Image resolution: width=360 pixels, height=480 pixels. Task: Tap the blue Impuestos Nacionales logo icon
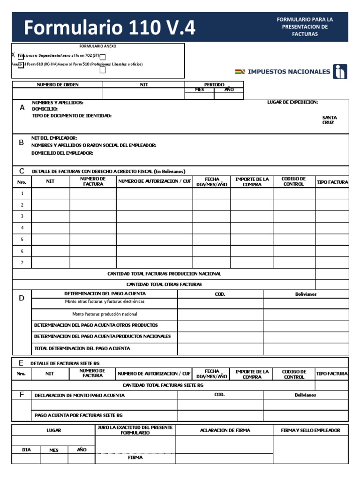pos(340,72)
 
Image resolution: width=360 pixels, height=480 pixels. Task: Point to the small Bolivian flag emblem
pos(240,72)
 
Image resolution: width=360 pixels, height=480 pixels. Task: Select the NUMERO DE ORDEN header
pos(58,85)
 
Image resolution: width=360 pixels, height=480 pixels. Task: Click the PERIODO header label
pos(214,85)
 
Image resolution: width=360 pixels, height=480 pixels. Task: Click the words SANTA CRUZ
pos(329,120)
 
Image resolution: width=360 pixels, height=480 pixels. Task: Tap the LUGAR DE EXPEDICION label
pos(292,102)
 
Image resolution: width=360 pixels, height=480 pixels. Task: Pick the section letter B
pos(21,142)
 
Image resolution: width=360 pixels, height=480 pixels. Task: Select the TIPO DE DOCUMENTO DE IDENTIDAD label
pos(72,115)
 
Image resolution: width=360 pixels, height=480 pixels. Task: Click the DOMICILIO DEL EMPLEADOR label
pos(62,153)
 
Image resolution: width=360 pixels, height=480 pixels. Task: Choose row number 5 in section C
pos(22,240)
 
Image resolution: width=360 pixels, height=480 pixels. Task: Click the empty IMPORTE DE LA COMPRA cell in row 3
pos(251,217)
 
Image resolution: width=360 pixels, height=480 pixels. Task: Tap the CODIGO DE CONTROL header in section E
pos(294,374)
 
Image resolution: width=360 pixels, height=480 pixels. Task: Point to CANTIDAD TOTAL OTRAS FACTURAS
pos(164,285)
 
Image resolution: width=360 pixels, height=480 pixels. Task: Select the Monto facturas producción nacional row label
pos(105,314)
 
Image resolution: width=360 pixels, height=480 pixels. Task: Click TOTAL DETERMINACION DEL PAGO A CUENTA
pos(82,348)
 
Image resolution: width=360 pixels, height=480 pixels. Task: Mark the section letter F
pos(21,395)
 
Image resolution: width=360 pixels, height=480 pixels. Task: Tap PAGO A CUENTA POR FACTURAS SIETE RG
pos(79,415)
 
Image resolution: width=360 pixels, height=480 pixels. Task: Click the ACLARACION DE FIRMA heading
pos(225,430)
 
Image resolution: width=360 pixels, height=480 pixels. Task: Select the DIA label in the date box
pos(26,450)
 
